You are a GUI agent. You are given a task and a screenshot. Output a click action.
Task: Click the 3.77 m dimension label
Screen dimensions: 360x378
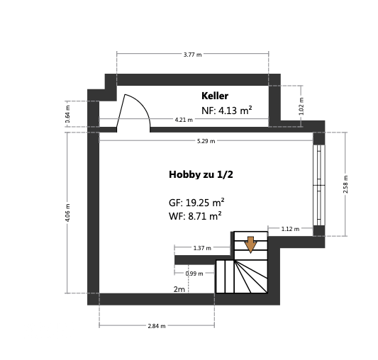(x=192, y=55)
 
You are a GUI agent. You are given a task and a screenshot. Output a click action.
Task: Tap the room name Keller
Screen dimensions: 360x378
(x=215, y=96)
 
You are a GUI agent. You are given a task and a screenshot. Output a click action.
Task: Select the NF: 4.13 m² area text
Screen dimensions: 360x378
(x=227, y=111)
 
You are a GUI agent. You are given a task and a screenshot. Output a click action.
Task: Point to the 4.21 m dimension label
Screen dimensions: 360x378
(x=184, y=120)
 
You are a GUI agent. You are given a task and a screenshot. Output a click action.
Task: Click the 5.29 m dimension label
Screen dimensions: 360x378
(x=206, y=141)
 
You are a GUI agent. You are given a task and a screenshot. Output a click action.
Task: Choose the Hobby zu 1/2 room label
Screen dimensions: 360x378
(x=201, y=174)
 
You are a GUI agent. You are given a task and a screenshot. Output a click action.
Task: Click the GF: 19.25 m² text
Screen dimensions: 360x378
(x=196, y=202)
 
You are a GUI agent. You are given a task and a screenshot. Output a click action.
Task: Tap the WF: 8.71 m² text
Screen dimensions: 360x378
(x=195, y=217)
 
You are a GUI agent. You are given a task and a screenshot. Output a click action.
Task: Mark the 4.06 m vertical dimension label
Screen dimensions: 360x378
(x=67, y=213)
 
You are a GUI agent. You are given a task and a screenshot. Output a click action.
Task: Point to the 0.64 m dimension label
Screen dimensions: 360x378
(x=67, y=116)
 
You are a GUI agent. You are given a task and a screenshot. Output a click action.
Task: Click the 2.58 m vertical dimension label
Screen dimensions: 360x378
(x=345, y=184)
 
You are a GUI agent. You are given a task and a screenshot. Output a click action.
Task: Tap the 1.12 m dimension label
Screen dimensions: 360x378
(x=290, y=229)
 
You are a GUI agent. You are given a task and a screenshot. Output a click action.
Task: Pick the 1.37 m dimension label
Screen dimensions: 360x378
(x=202, y=248)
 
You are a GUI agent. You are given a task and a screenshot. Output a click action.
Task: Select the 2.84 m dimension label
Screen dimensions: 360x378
(x=156, y=326)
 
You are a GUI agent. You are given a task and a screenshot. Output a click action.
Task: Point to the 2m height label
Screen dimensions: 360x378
(x=179, y=289)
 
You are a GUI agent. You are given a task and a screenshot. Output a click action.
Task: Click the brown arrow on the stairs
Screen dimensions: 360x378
(x=250, y=244)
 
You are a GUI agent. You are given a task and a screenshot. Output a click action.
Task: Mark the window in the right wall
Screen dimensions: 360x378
(x=319, y=185)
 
